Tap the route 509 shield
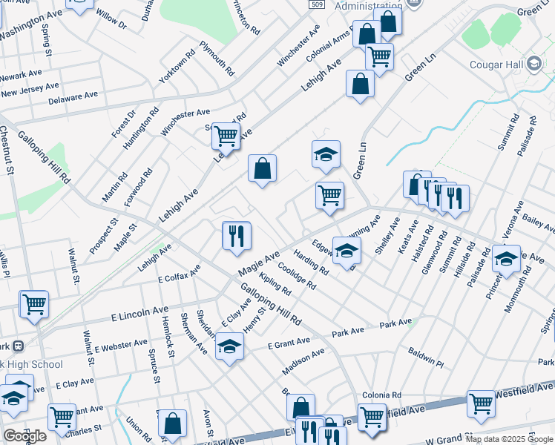pos(317,5)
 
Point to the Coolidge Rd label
pos(297,276)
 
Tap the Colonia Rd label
pos(381,395)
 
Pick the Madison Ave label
pos(303,363)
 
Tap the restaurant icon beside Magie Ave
pos(237,236)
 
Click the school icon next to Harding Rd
pos(347,251)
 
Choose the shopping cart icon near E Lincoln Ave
pos(33,303)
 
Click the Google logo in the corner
pos(24,436)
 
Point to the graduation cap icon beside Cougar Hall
pos(534,64)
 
